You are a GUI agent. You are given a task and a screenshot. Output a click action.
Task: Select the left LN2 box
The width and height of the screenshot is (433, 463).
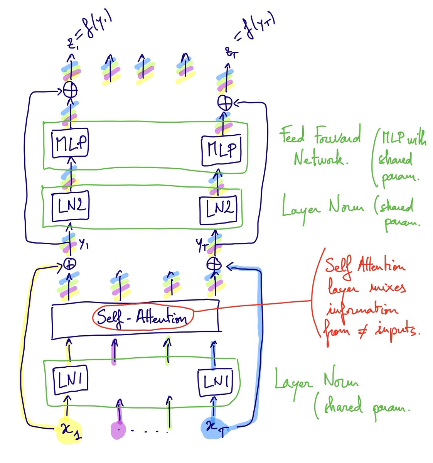click(71, 206)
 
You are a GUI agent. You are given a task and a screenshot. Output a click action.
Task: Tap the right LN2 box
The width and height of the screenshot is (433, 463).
click(218, 210)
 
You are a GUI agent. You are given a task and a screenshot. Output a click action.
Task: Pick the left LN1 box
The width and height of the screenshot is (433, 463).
click(70, 380)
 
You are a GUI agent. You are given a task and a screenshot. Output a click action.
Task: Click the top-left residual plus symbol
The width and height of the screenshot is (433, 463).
click(70, 91)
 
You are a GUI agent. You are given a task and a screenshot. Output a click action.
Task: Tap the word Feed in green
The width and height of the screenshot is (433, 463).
click(292, 136)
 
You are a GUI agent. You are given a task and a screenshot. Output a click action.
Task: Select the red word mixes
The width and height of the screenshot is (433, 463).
click(383, 288)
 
